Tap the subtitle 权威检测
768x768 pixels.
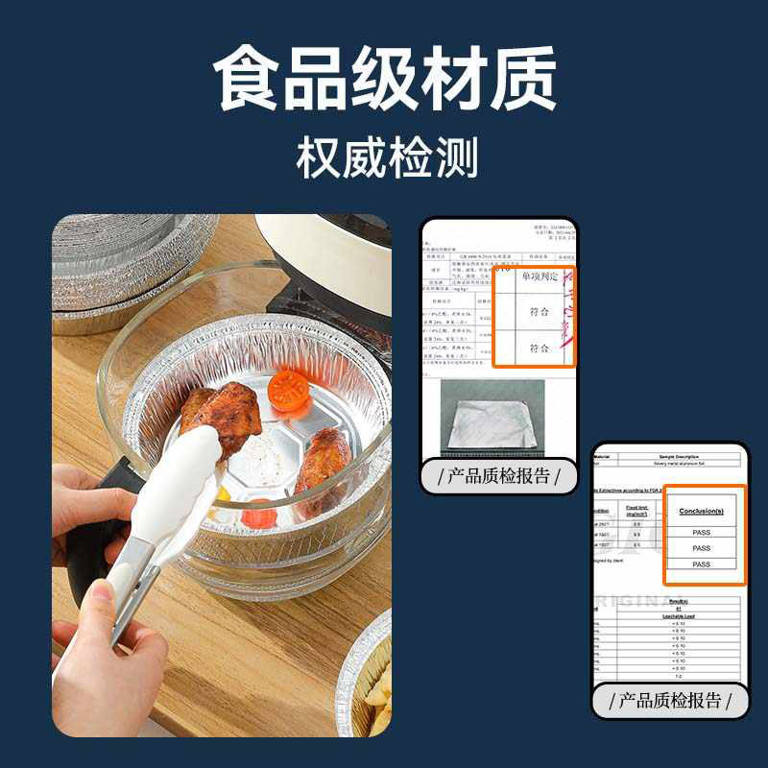384,156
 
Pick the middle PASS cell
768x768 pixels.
702,548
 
